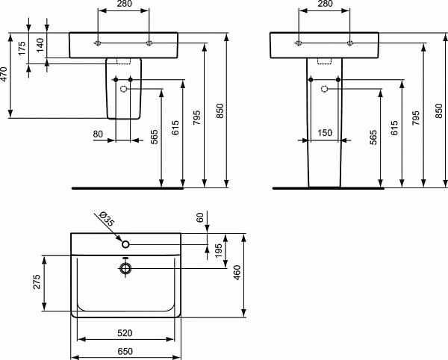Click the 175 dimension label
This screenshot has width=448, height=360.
click(x=22, y=49)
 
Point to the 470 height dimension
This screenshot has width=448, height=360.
click(x=5, y=75)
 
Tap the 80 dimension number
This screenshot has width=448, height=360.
click(x=98, y=134)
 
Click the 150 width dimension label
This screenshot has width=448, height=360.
click(x=325, y=133)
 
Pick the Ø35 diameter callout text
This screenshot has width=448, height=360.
click(x=107, y=220)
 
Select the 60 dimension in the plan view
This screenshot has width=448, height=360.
click(x=200, y=217)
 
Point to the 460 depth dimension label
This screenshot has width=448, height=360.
click(x=237, y=274)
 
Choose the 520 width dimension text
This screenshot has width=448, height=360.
click(x=125, y=332)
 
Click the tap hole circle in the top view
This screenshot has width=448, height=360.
click(x=125, y=243)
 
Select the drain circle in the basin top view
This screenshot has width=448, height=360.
click(x=125, y=268)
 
